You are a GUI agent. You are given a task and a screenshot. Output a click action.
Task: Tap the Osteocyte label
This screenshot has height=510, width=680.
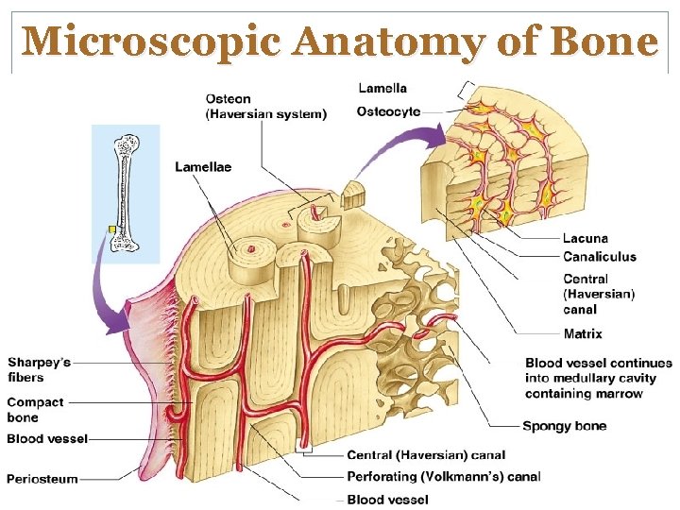pyautogui.click(x=387, y=111)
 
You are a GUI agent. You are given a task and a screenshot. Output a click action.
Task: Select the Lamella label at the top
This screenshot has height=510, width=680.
pyautogui.click(x=382, y=88)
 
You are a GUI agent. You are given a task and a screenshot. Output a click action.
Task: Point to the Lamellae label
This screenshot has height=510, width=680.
pyautogui.click(x=203, y=167)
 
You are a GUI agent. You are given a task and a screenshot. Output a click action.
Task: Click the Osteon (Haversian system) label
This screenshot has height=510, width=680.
pyautogui.click(x=265, y=107)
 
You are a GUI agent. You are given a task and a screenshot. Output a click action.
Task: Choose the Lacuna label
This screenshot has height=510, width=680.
pyautogui.click(x=586, y=239)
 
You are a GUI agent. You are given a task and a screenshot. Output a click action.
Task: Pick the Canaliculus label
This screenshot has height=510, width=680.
pyautogui.click(x=600, y=256)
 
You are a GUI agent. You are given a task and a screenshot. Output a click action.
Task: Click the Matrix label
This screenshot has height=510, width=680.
pyautogui.click(x=583, y=333)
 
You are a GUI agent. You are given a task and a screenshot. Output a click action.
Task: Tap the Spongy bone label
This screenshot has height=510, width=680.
pyautogui.click(x=564, y=426)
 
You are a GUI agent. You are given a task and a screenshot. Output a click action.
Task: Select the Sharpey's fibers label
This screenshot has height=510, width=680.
pyautogui.click(x=39, y=370)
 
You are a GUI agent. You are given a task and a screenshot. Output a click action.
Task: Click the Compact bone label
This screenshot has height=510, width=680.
pyautogui.click(x=36, y=410)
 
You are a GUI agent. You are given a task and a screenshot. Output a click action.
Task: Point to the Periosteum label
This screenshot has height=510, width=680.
pyautogui.click(x=42, y=479)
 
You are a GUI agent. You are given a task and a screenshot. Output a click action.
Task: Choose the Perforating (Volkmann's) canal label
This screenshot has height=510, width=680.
pyautogui.click(x=444, y=477)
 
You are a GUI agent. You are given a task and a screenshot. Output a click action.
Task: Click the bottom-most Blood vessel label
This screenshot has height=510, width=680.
pyautogui.click(x=388, y=499)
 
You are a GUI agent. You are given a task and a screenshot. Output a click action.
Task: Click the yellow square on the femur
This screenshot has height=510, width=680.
pyautogui.click(x=111, y=229)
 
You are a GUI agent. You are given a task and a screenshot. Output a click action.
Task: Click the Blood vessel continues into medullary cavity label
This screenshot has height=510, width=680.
pyautogui.click(x=598, y=378)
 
